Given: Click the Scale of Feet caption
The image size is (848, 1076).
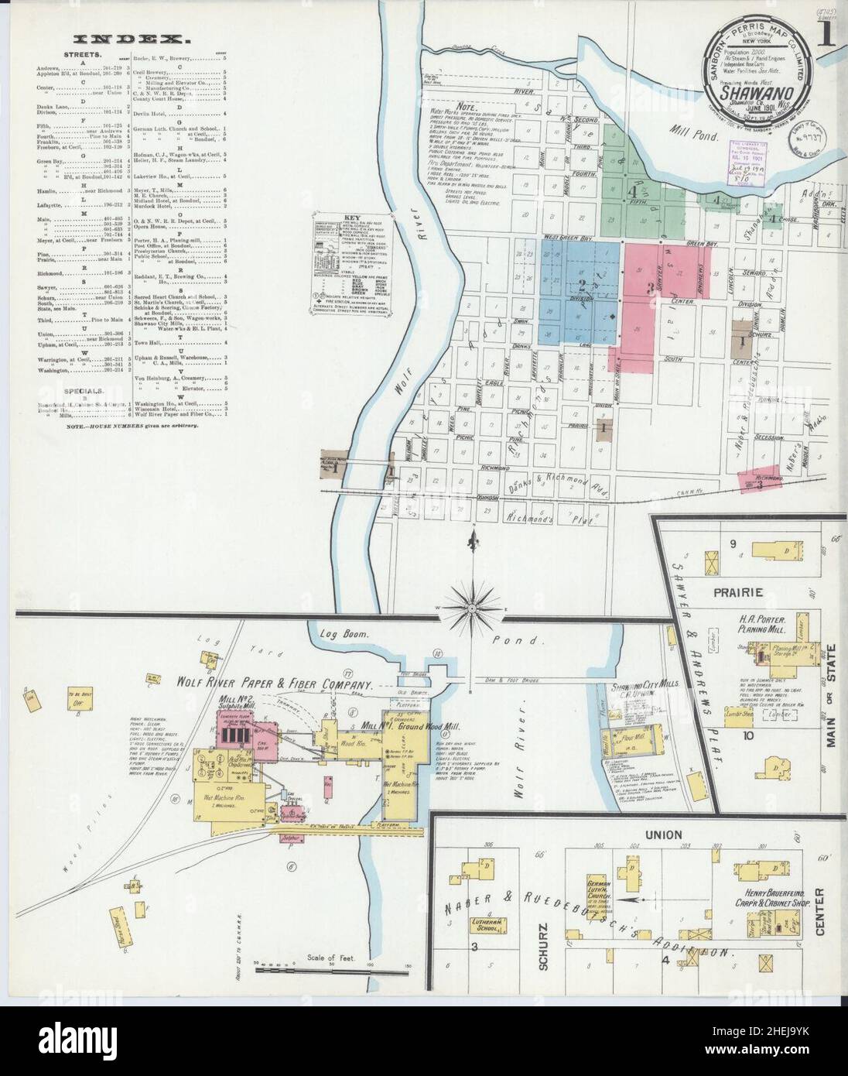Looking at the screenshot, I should [x=331, y=958].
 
